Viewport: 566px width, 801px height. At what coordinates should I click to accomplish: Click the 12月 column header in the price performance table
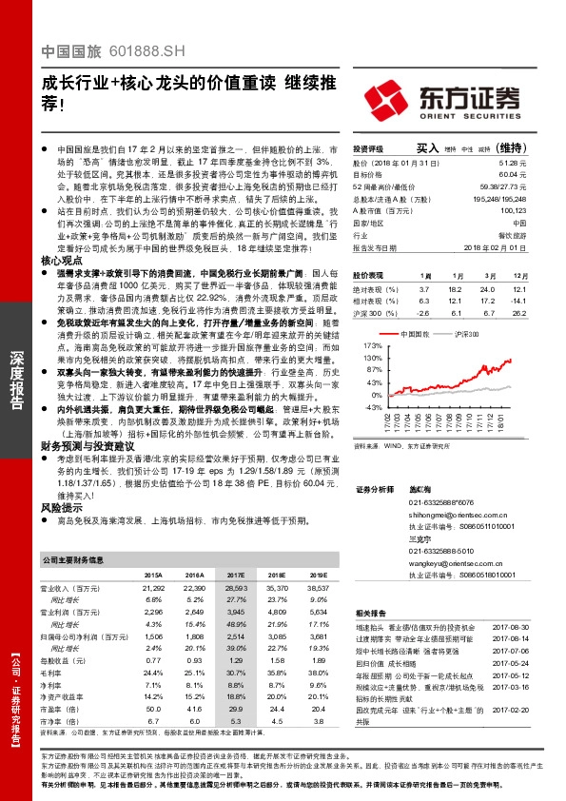[x=518, y=274]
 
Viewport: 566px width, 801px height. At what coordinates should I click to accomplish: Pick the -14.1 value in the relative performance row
[x=517, y=300]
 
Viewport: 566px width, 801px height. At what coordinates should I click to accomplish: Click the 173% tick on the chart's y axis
[x=372, y=345]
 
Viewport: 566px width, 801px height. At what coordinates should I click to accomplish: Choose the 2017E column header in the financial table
[x=233, y=576]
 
